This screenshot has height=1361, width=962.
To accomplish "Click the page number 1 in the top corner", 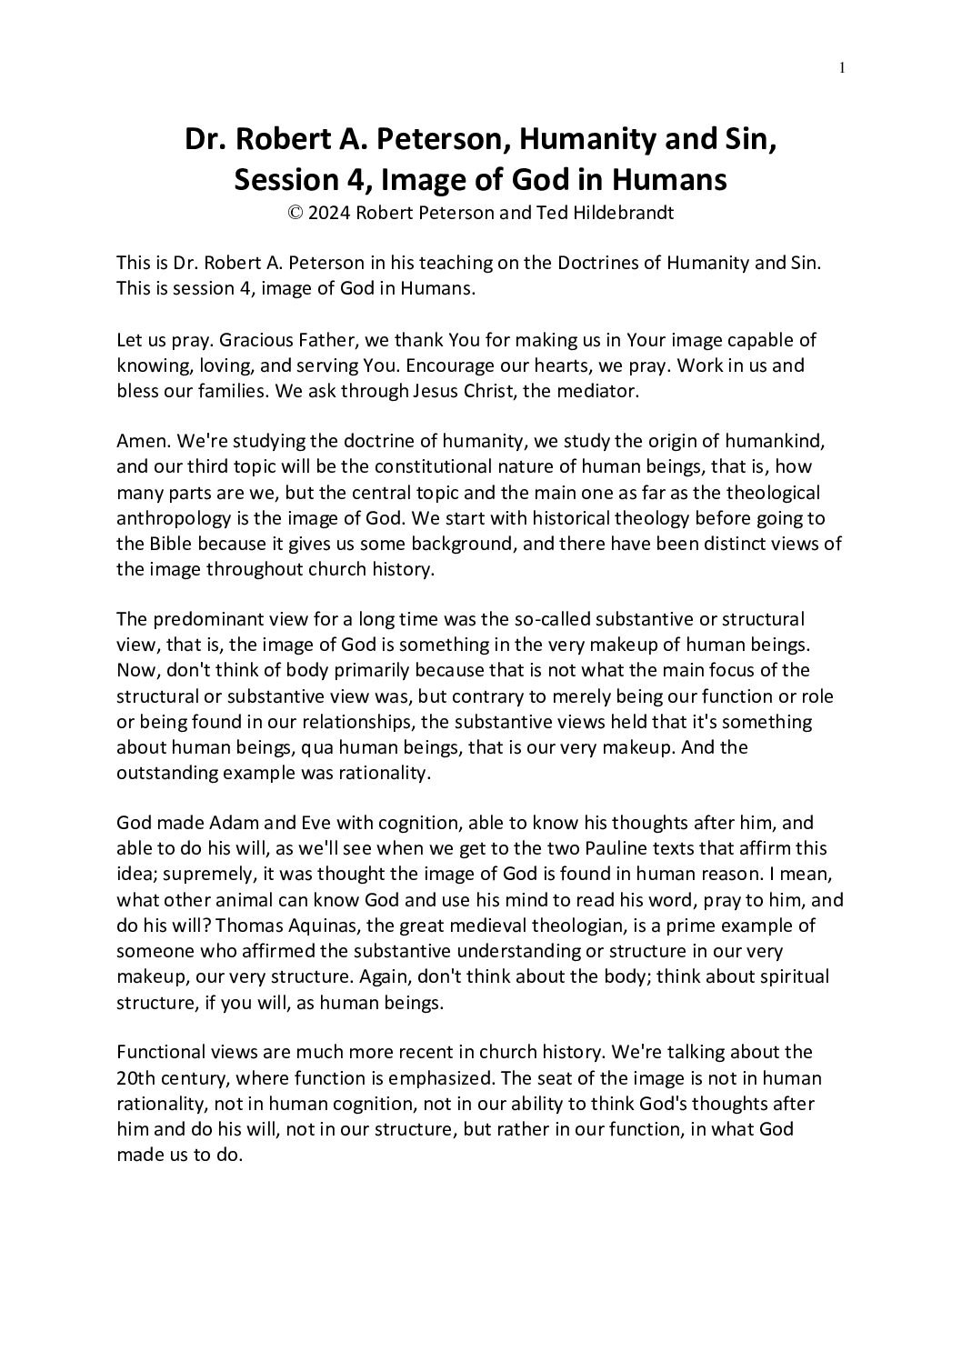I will click(x=843, y=67).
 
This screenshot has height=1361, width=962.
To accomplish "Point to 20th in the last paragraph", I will click(x=135, y=1078).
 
